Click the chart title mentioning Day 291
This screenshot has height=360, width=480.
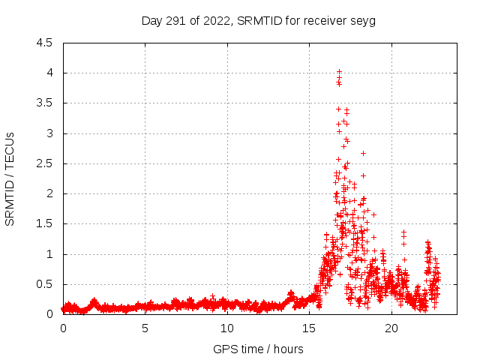click(x=259, y=20)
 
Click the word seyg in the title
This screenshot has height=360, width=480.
click(x=362, y=20)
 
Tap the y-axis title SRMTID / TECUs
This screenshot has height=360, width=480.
click(x=10, y=178)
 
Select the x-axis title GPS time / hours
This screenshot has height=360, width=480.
click(x=258, y=349)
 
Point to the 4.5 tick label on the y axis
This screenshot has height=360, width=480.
click(x=44, y=43)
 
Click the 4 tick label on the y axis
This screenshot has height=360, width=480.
click(x=49, y=73)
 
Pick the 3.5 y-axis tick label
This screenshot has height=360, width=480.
click(x=44, y=103)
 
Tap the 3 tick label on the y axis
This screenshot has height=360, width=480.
click(x=49, y=133)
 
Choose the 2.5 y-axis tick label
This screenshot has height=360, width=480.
click(x=44, y=163)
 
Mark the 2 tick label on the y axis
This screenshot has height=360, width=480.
click(x=49, y=193)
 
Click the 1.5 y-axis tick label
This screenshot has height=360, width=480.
click(x=44, y=223)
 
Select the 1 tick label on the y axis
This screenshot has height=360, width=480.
click(x=49, y=254)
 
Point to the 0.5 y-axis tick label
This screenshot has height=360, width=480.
click(x=44, y=284)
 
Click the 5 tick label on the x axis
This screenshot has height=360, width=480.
click(x=145, y=328)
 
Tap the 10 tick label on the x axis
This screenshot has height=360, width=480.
click(x=227, y=328)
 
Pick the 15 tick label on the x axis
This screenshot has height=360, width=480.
click(x=309, y=328)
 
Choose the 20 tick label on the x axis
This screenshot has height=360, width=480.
click(x=391, y=328)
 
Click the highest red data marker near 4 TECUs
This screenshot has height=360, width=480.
click(x=339, y=71)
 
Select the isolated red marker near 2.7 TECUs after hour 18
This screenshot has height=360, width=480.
click(x=363, y=153)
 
